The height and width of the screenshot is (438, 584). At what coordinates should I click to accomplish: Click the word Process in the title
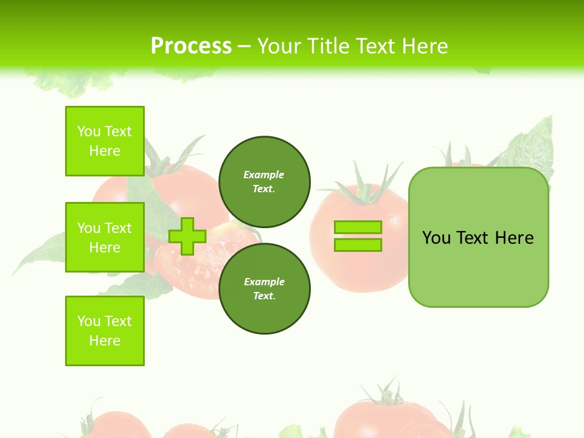coord(191,46)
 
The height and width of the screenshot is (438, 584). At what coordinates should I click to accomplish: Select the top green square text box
coord(105,141)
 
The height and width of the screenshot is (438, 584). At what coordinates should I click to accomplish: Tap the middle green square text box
coord(105,237)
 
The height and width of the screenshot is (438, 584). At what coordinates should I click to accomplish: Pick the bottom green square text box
coord(105,331)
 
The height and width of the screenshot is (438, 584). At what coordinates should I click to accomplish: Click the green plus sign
coord(187,237)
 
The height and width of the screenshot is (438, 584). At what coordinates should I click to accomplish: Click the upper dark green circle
coord(264,181)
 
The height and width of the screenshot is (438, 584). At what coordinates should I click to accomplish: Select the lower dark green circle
coord(264,288)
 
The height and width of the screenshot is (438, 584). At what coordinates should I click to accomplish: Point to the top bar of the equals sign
coord(358,228)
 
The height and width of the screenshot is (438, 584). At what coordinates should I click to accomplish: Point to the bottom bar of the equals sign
coord(358,245)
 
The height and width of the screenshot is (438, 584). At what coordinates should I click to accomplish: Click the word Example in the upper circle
coord(263,175)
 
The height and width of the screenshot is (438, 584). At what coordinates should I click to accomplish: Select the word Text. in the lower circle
coord(264,296)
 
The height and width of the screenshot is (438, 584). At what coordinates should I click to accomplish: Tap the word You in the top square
coord(88,131)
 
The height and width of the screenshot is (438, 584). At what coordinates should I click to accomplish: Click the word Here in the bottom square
coord(105,341)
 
